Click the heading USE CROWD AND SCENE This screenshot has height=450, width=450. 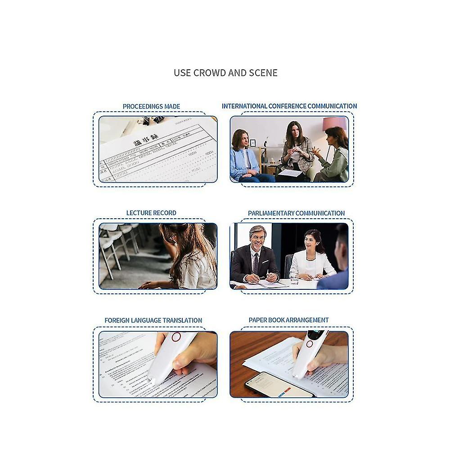pyautogui.click(x=225, y=72)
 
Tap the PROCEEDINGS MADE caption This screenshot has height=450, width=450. pyautogui.click(x=151, y=107)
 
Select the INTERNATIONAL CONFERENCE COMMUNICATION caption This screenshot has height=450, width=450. pyautogui.click(x=289, y=106)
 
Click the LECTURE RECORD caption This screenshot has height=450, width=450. pyautogui.click(x=151, y=213)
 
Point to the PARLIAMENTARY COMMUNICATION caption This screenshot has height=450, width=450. pyautogui.click(x=296, y=213)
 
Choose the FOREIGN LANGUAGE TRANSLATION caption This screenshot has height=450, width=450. pyautogui.click(x=153, y=320)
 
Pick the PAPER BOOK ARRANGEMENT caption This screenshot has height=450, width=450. pyautogui.click(x=288, y=320)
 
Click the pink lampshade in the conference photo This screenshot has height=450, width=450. pyautogui.click(x=334, y=123)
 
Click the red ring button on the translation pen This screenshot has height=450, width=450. pyautogui.click(x=176, y=337)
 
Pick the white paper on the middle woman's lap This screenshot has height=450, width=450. pyautogui.click(x=290, y=173)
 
